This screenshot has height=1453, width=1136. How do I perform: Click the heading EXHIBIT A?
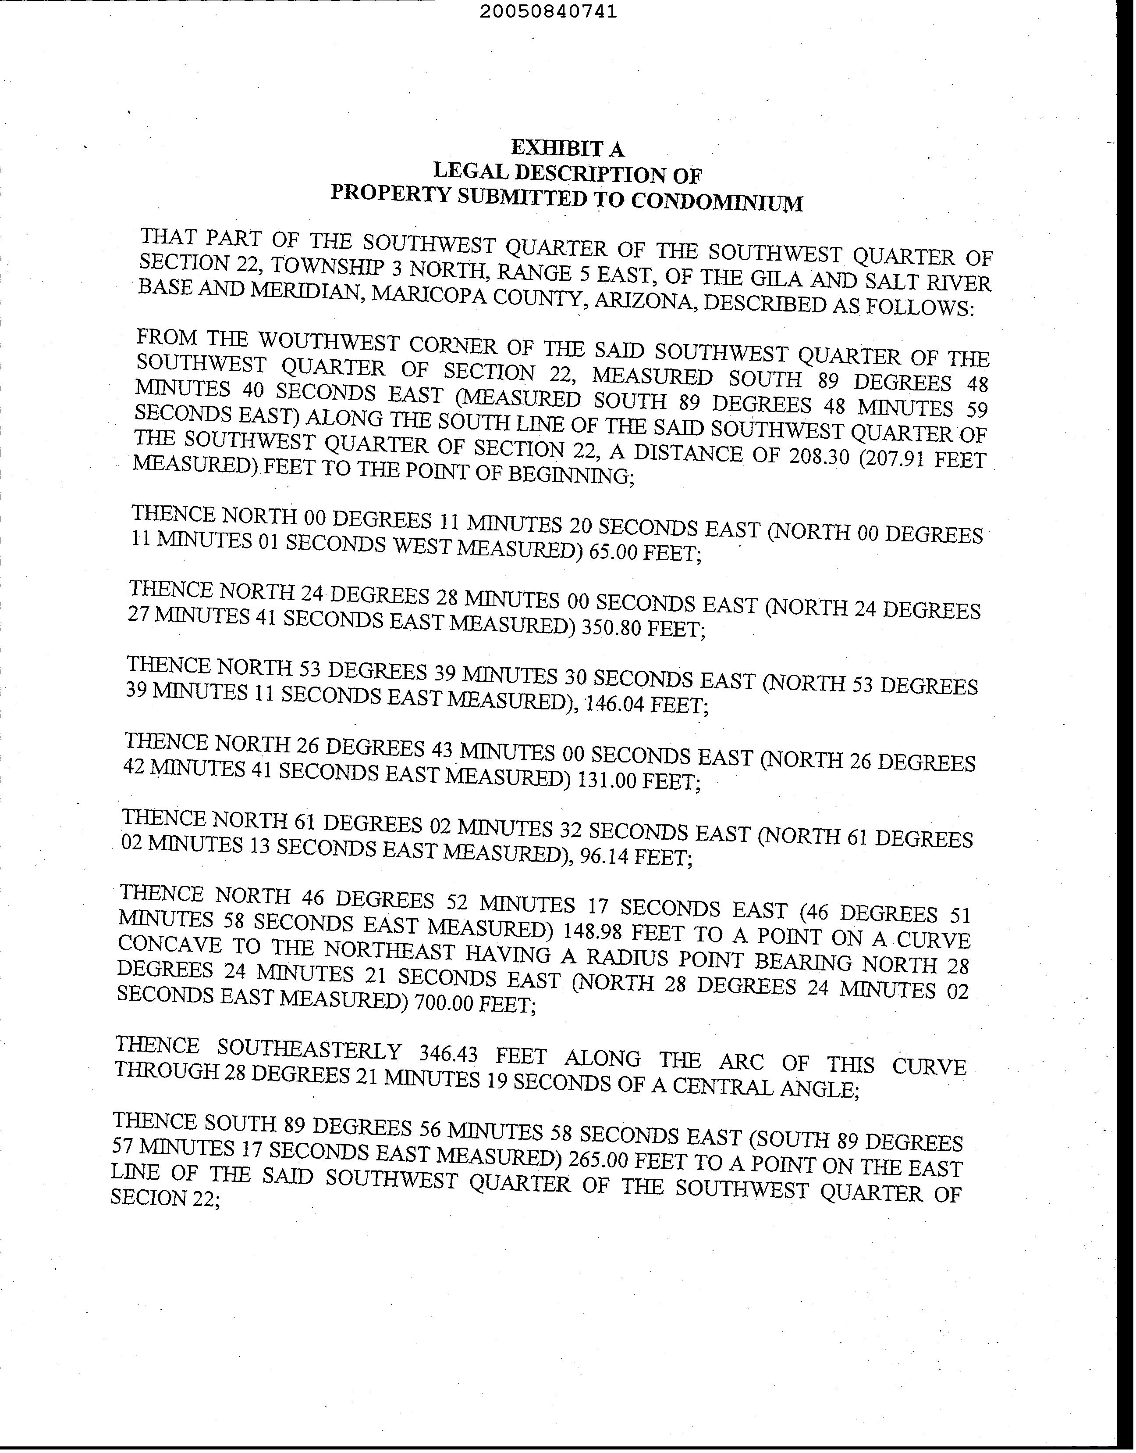pyautogui.click(x=567, y=148)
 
